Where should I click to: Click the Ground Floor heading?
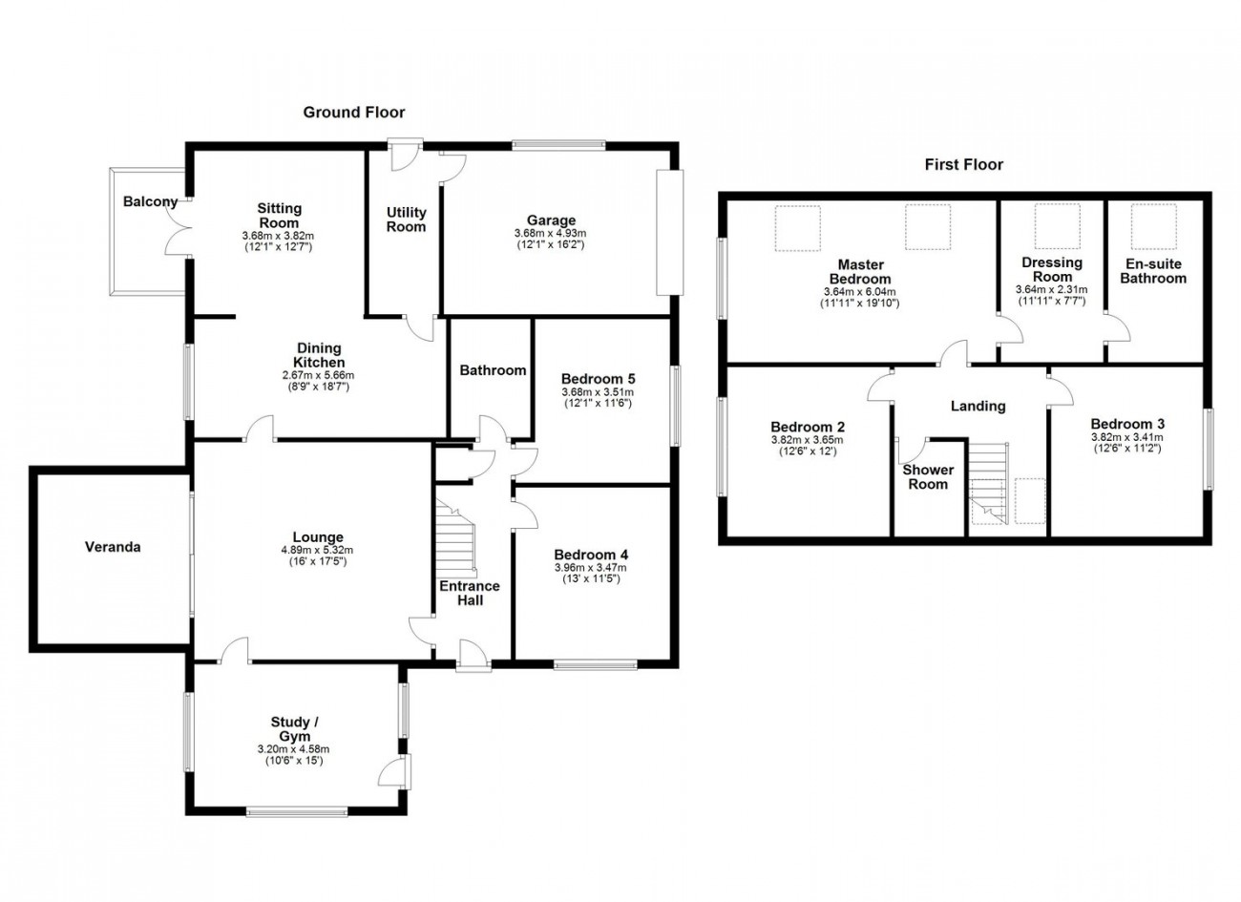[353, 113]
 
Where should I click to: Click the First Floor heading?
[963, 164]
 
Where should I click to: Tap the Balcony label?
[150, 201]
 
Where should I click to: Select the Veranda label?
[113, 547]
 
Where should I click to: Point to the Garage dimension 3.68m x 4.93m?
[550, 233]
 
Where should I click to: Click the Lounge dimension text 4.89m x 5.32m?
[317, 550]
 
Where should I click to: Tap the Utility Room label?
[406, 220]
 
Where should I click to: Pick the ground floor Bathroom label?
[493, 370]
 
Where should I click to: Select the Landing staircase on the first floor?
[988, 483]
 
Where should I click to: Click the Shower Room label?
[928, 477]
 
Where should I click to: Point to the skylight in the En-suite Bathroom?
[1153, 226]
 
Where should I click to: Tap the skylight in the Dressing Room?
[1057, 226]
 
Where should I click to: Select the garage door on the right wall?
[670, 232]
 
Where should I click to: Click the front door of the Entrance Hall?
[473, 657]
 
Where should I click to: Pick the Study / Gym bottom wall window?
[297, 812]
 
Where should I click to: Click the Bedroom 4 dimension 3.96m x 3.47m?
[591, 568]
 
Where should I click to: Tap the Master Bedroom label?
[860, 271]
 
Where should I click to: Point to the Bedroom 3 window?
[1209, 450]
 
